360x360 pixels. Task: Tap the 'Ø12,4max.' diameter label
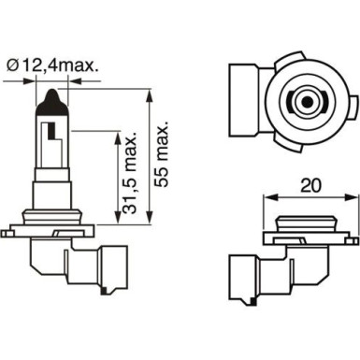point(62,65)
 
